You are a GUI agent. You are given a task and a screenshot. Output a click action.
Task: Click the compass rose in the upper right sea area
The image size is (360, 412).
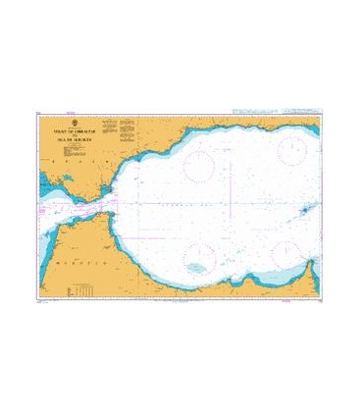tap(293, 150)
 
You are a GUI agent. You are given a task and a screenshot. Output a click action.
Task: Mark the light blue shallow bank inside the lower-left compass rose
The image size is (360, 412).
tap(197, 267)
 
